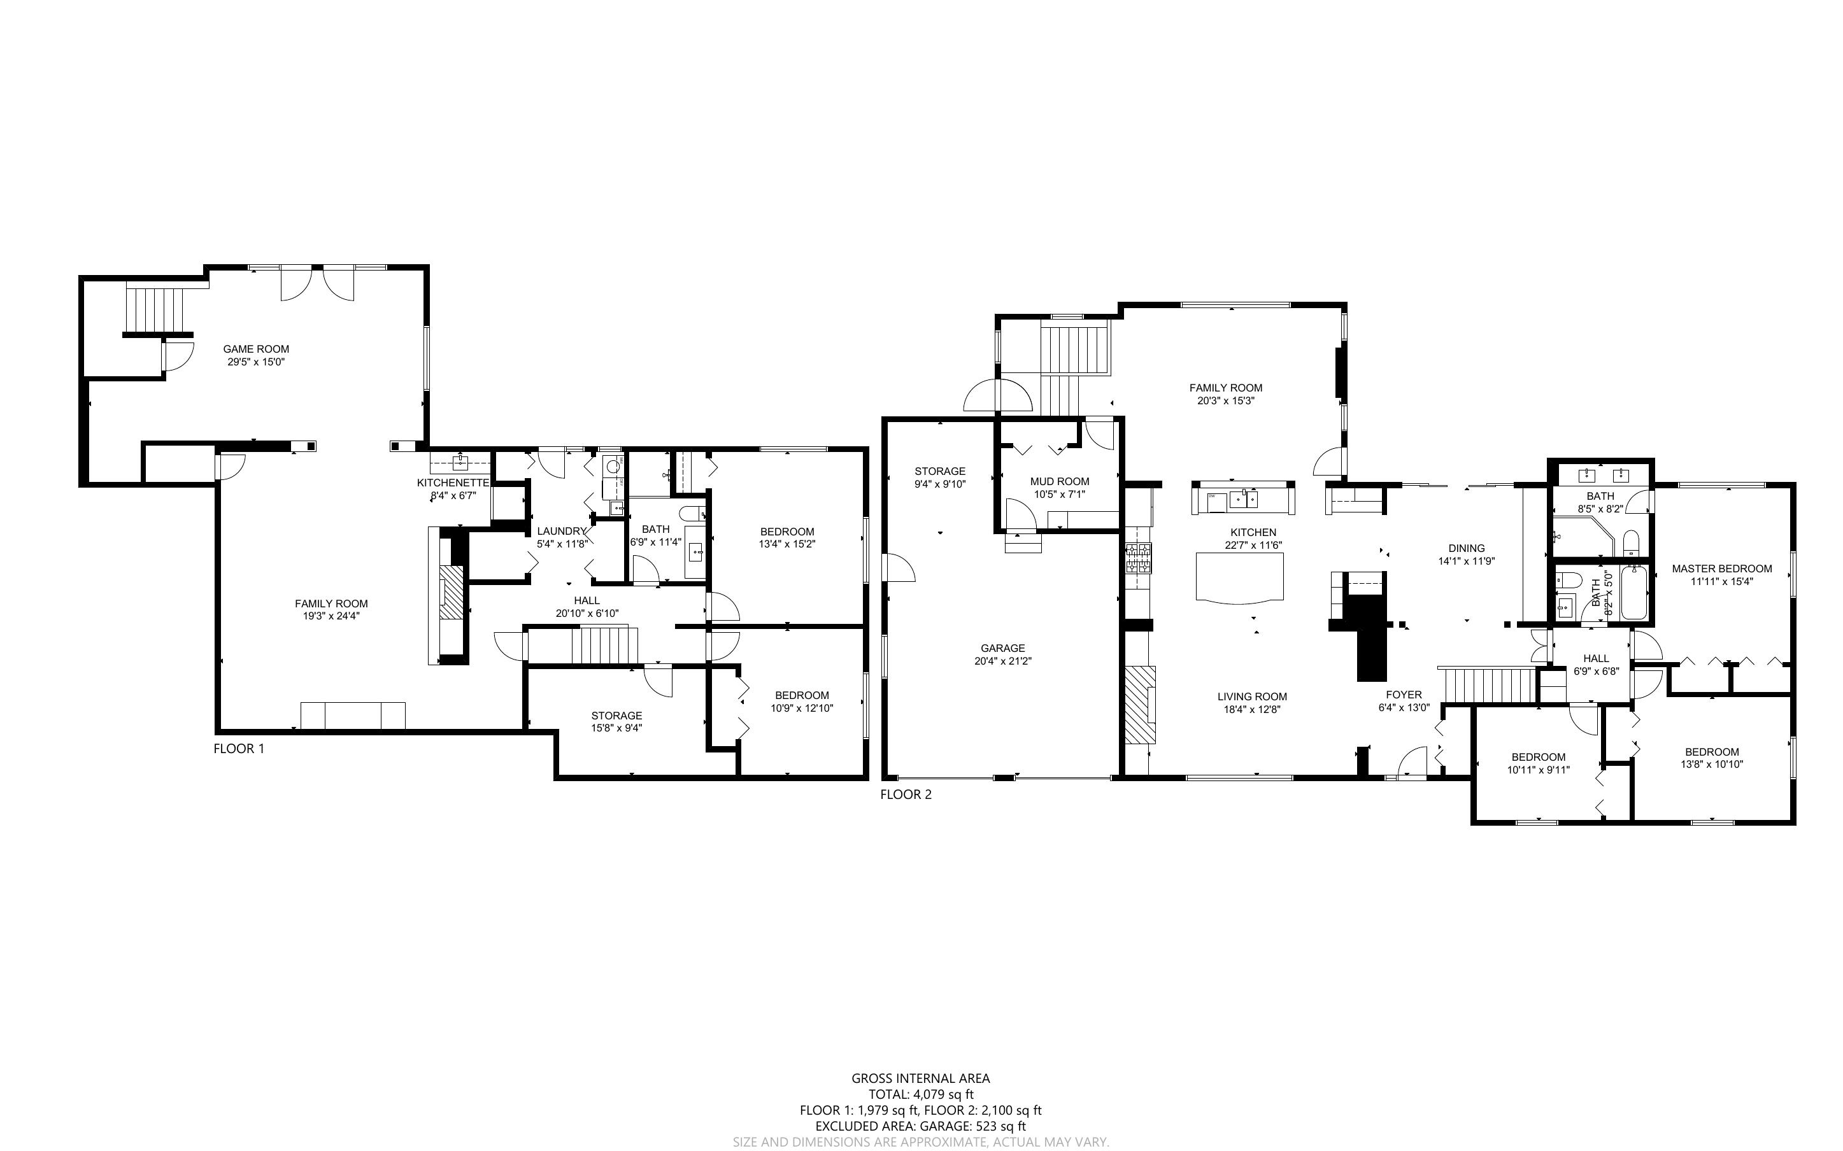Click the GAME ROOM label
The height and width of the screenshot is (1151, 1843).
pos(256,350)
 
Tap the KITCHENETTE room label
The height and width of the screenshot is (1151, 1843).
pos(453,483)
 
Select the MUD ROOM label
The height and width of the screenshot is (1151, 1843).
pos(1060,481)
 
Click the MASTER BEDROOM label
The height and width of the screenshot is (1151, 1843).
pos(1722,568)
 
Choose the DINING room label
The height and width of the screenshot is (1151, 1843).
pos(1466,548)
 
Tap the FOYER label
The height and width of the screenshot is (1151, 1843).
pos(1404,695)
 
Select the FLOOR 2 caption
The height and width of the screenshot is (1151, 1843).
pos(906,794)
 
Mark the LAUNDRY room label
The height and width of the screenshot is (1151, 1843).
pos(562,532)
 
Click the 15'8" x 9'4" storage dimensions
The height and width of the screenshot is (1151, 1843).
pos(616,728)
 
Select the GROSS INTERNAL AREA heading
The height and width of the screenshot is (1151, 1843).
pos(920,1078)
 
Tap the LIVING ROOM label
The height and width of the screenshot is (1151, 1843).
pos(1252,696)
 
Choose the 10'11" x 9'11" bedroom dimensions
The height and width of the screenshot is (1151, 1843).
pos(1538,770)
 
